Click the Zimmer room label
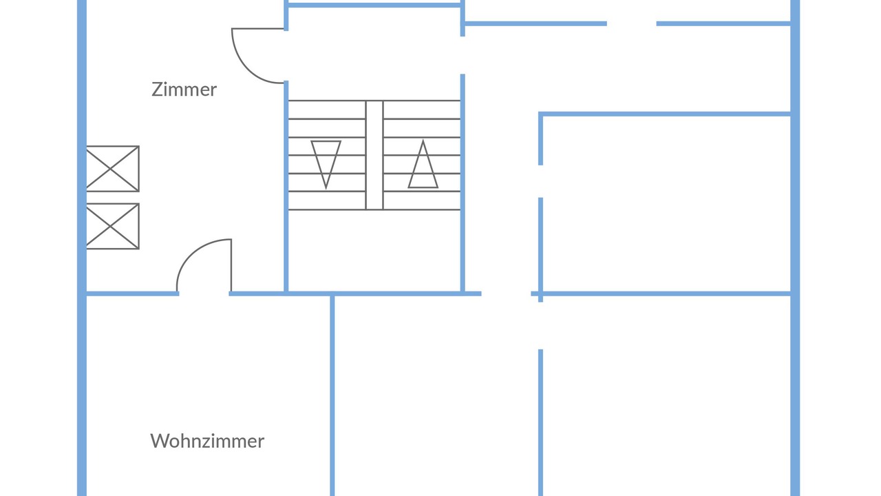184,90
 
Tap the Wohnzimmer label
207,441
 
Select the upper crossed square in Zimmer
112,169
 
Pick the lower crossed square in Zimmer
112,227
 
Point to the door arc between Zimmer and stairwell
247,68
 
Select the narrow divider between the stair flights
374,155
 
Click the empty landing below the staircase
374,251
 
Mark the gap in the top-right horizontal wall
632,23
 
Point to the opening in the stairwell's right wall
463,55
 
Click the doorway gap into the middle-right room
541,181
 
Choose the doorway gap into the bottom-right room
541,326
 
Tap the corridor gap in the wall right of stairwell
506,293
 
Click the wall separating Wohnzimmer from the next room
332,395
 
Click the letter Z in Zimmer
157,90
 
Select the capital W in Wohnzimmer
160,441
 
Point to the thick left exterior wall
82,248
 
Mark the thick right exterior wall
795,248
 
